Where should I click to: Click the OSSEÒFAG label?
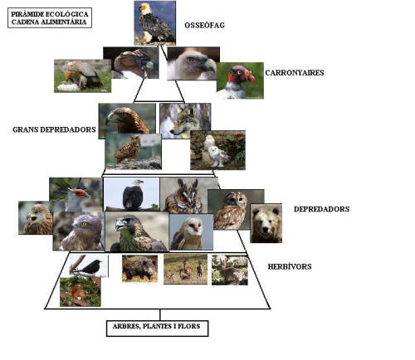point(204,26)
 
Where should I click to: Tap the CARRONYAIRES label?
point(295,73)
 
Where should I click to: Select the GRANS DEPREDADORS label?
point(54,129)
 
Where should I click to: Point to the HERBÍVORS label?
point(290,266)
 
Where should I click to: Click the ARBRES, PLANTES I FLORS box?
point(157,328)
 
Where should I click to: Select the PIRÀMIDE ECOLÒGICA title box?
point(50,18)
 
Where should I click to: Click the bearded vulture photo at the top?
point(155,23)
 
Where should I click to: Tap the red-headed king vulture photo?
point(240,80)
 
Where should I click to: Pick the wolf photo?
point(185,121)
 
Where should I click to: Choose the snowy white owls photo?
point(217,150)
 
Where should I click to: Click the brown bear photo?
point(266,223)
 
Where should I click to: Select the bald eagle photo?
point(131,194)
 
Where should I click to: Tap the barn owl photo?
point(191,232)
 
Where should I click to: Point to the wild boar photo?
point(139,269)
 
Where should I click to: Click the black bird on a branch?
point(88,266)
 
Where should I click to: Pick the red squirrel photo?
point(81,292)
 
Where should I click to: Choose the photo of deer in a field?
point(185,270)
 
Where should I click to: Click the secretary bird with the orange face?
point(76,194)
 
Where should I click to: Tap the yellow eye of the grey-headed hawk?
point(85,224)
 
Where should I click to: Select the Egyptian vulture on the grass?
point(82,76)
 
